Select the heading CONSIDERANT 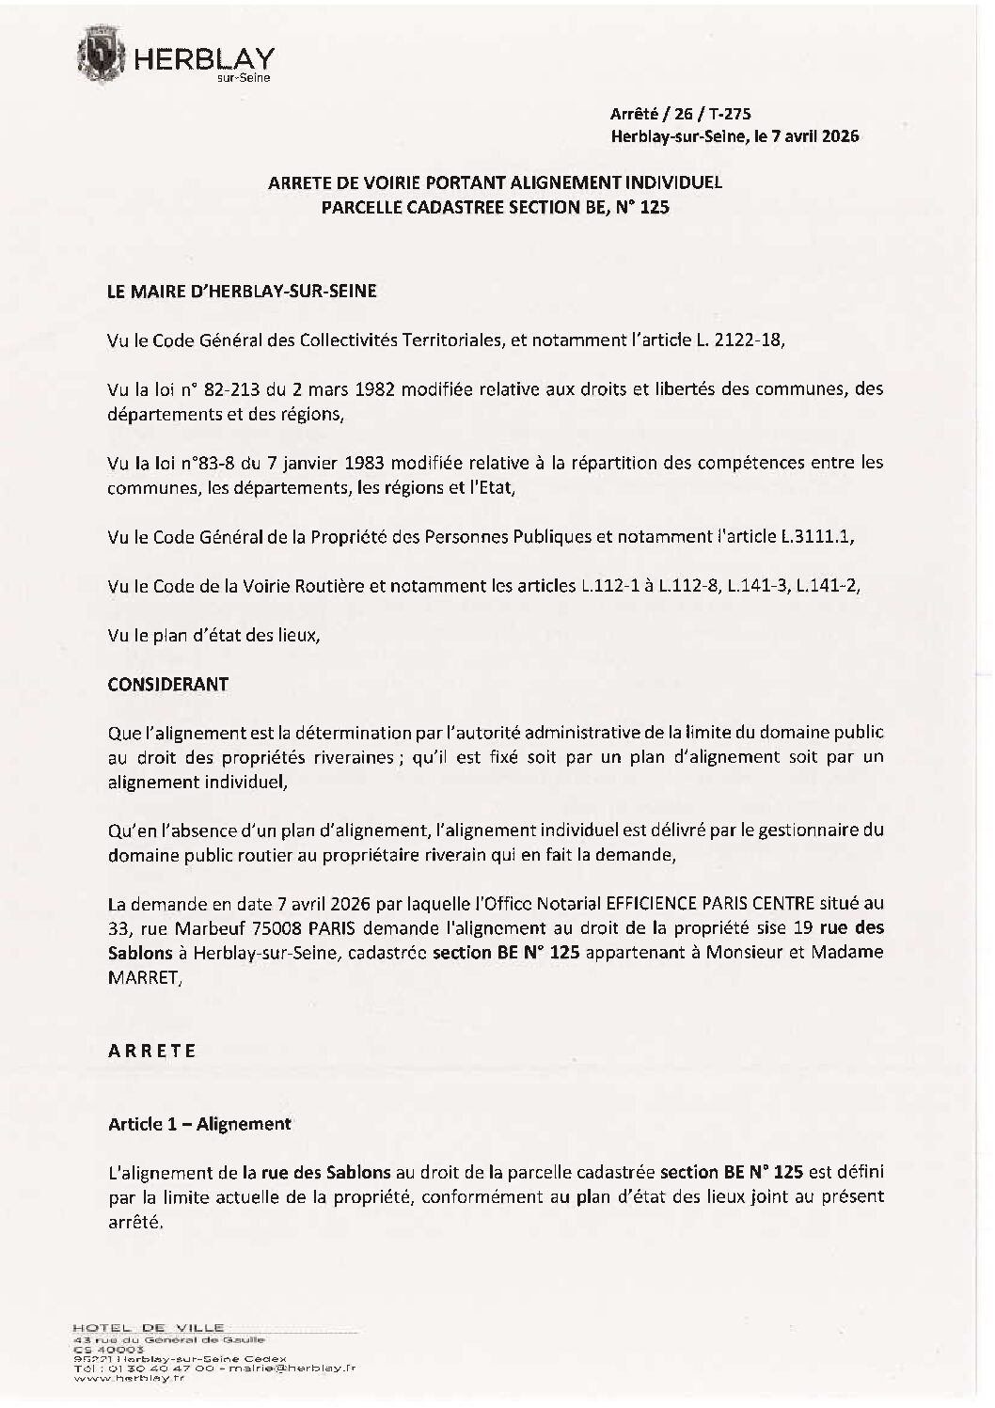point(168,684)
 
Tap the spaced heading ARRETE point(152,1051)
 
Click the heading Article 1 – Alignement point(199,1123)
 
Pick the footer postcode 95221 point(87,1358)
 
